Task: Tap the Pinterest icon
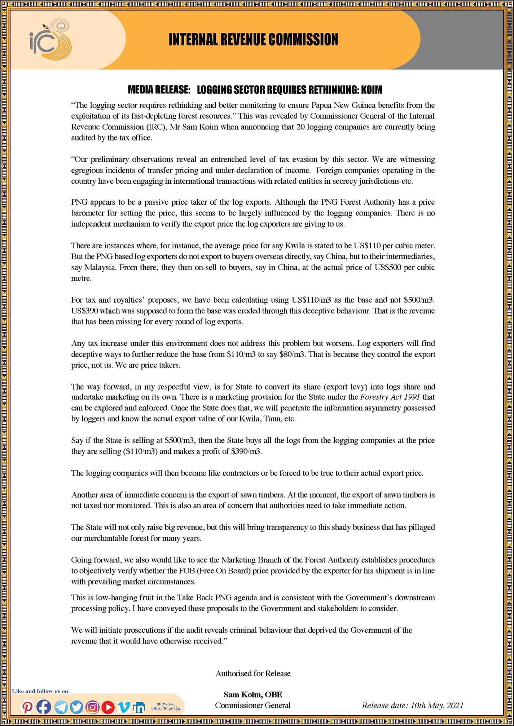[27, 707]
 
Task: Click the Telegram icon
[61, 708]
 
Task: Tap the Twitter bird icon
[76, 708]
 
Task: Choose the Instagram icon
[92, 708]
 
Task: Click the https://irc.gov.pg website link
[166, 708]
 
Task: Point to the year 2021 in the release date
[455, 705]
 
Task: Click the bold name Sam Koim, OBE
[253, 695]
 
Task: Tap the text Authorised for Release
[253, 673]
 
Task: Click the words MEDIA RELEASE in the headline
[159, 89]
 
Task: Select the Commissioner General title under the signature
[253, 705]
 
